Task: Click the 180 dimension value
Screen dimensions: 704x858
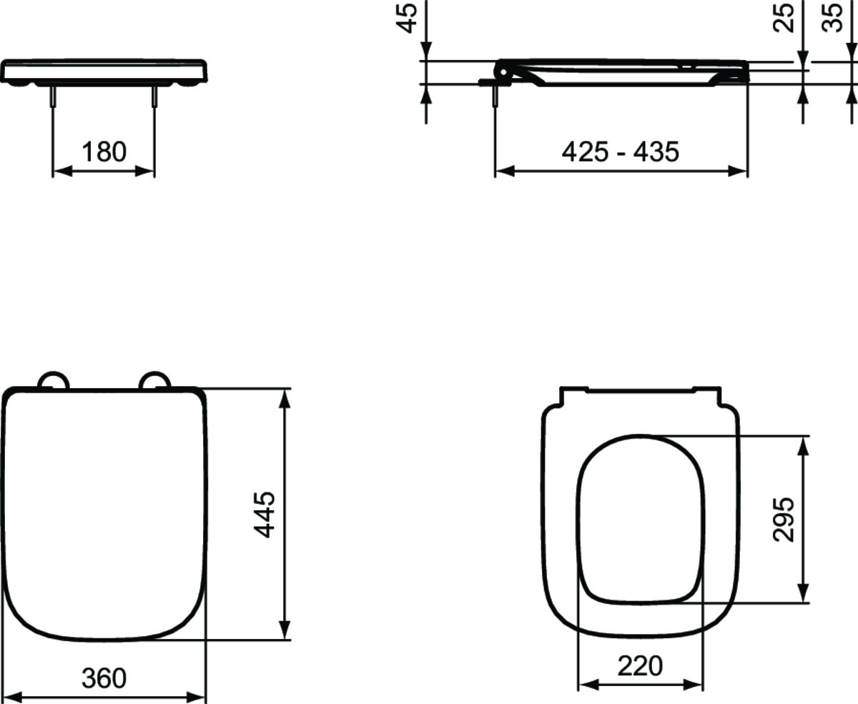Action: (104, 152)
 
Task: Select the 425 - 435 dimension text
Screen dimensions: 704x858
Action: (620, 152)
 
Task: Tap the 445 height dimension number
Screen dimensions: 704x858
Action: (264, 514)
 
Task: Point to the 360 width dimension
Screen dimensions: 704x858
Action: (104, 677)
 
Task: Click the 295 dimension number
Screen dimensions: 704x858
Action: (784, 519)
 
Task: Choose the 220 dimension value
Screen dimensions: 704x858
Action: (640, 666)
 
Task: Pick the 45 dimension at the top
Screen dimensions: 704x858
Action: (408, 18)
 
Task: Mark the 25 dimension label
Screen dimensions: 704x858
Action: (785, 18)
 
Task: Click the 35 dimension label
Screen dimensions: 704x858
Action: (832, 18)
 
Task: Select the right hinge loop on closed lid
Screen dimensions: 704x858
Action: (154, 380)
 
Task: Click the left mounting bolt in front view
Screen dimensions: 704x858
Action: (53, 96)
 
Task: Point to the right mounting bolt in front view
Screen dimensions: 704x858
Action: (154, 96)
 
